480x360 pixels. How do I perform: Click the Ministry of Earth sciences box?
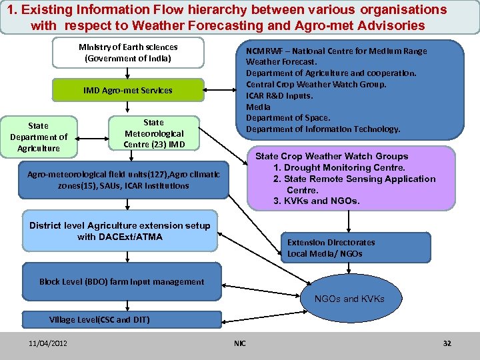pyautogui.click(x=127, y=53)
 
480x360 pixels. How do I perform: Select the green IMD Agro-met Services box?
pyautogui.click(x=127, y=91)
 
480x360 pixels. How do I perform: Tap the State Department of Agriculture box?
pyautogui.click(x=39, y=137)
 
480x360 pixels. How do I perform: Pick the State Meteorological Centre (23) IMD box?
pyautogui.click(x=153, y=133)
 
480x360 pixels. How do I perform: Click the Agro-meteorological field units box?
pyautogui.click(x=123, y=180)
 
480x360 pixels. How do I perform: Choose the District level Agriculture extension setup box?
pyautogui.click(x=120, y=231)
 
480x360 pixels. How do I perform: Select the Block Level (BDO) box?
pyautogui.click(x=121, y=281)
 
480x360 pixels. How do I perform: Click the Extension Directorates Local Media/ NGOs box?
pyautogui.click(x=331, y=248)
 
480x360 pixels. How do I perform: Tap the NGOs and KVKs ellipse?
pyautogui.click(x=349, y=299)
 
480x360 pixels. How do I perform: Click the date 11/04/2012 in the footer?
pyautogui.click(x=47, y=343)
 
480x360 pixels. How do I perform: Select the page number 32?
pyautogui.click(x=447, y=343)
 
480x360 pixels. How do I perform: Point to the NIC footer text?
pyautogui.click(x=240, y=343)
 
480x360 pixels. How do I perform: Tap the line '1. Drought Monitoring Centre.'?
pyautogui.click(x=339, y=167)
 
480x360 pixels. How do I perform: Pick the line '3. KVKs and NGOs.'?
pyautogui.click(x=316, y=201)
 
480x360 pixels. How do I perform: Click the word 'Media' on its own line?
pyautogui.click(x=259, y=107)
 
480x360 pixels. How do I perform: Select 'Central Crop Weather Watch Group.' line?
pyautogui.click(x=316, y=84)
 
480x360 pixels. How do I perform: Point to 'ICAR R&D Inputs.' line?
pyautogui.click(x=279, y=95)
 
